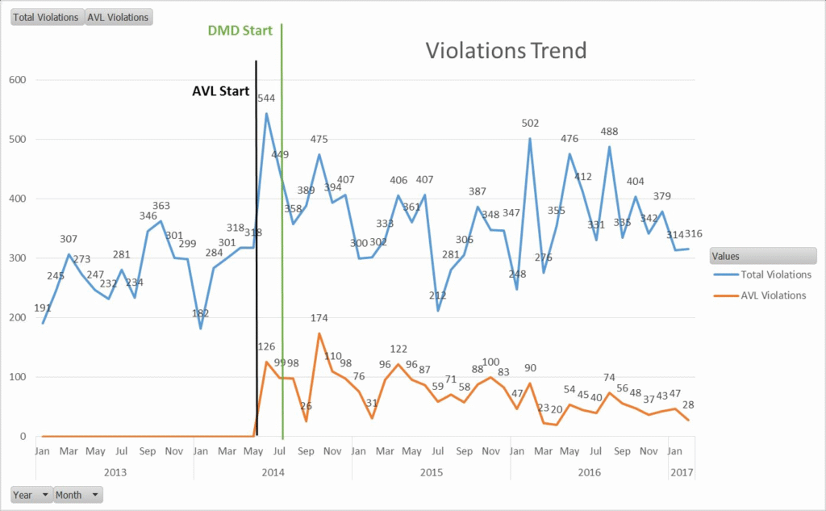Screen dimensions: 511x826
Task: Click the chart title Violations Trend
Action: point(506,51)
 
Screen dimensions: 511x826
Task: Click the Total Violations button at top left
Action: point(46,17)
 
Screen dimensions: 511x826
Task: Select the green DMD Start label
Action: point(240,31)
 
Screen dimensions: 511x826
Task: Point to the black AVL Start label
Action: point(220,91)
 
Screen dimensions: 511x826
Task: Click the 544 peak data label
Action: point(266,98)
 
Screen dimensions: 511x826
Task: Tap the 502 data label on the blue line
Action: point(530,124)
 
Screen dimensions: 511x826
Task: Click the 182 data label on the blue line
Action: point(201,313)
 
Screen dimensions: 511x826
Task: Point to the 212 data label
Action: point(438,295)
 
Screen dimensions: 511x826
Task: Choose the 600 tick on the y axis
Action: point(17,80)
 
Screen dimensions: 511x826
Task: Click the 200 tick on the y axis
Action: point(17,318)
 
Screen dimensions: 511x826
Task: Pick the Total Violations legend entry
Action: point(772,274)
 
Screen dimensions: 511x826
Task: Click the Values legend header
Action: point(762,256)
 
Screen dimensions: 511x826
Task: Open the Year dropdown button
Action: point(31,495)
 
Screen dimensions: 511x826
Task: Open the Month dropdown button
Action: point(78,495)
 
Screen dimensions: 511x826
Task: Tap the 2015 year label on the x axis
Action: point(432,471)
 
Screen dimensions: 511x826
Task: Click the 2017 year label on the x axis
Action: point(682,471)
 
